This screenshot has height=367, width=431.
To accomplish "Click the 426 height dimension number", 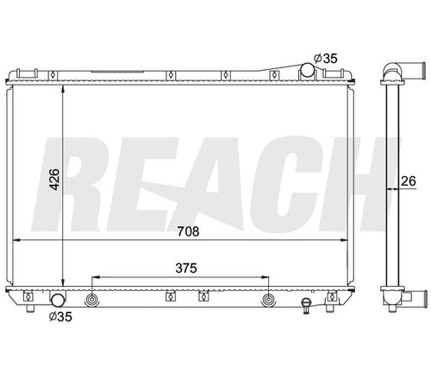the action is pyautogui.click(x=54, y=180).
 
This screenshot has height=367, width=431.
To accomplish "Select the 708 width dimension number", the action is pyautogui.click(x=188, y=231).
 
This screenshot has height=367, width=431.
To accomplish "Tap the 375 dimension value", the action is pyautogui.click(x=186, y=269).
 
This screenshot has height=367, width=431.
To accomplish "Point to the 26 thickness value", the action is pyautogui.click(x=409, y=181).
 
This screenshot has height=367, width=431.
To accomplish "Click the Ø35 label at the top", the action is pyautogui.click(x=326, y=59).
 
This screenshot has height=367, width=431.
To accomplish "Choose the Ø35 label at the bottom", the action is pyautogui.click(x=60, y=317).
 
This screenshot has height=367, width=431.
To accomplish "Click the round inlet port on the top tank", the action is pyautogui.click(x=308, y=70).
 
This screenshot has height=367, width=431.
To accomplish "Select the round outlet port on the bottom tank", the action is pyautogui.click(x=59, y=300).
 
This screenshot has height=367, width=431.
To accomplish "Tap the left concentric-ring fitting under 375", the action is pyautogui.click(x=92, y=300).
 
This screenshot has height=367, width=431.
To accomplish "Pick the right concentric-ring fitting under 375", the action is pyautogui.click(x=269, y=300).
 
